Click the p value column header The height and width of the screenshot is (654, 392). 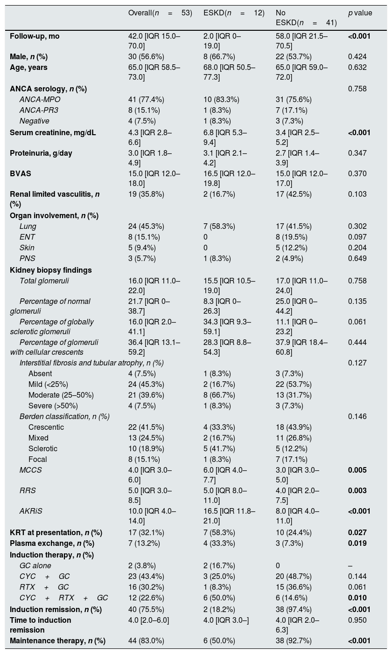[360, 13]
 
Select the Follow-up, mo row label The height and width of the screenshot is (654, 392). [35, 36]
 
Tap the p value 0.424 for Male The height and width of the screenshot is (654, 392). [357, 57]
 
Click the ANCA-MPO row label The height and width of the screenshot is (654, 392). [40, 100]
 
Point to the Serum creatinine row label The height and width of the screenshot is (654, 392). [53, 133]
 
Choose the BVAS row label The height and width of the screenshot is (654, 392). [21, 174]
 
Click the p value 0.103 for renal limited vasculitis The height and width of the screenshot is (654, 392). [357, 194]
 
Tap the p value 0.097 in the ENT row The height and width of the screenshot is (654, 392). [357, 237]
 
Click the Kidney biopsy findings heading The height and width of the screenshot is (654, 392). [50, 270]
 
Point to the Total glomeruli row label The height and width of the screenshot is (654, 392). [44, 281]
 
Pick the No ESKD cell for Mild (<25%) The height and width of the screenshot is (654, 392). [294, 385]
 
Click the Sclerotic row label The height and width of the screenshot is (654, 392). [42, 449]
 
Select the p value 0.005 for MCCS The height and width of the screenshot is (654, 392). [357, 470]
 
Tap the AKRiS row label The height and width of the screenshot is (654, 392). [31, 511]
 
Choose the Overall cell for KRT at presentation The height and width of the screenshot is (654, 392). [146, 532]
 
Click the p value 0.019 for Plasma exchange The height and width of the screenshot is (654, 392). [357, 544]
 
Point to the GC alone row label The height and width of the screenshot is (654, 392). [35, 566]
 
